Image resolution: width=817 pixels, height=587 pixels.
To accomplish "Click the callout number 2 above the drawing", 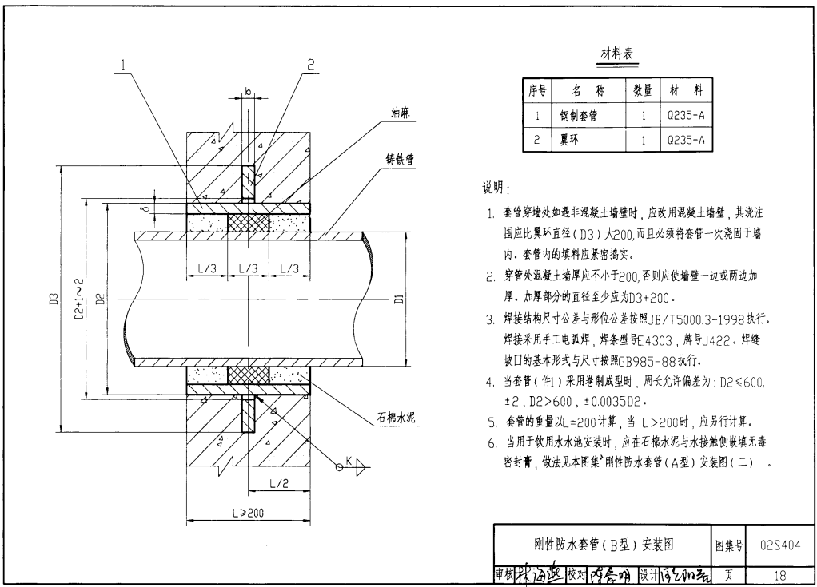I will pos(310,65).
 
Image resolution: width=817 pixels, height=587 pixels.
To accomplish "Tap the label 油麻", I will pos(401,113).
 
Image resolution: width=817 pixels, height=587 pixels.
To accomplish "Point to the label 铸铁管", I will pos(401,160).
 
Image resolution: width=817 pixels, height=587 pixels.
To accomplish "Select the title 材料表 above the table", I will pos(617,54).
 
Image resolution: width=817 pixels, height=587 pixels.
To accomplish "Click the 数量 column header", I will pos(642,90).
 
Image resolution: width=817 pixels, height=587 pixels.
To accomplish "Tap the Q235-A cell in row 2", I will pos(686,140).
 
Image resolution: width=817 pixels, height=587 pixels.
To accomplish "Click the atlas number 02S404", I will pos(780,545).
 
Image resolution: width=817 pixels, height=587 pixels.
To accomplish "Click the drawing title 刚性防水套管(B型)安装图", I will pos(604,545).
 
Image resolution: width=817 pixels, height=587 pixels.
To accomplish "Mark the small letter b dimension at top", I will pos(248,93).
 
